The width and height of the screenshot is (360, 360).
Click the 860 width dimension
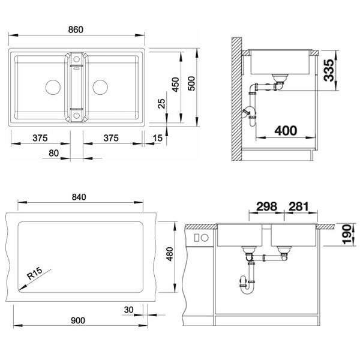(76, 29)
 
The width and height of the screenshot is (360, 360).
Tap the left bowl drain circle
(53, 87)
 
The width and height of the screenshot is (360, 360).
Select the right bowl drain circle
(100, 87)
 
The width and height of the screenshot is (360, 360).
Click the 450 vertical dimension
(175, 85)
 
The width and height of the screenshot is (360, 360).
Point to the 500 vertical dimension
(191, 83)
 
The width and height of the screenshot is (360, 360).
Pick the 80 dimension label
(54, 153)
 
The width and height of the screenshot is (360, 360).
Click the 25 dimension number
(161, 104)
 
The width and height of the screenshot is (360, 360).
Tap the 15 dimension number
(157, 138)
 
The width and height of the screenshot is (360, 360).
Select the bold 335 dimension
(329, 70)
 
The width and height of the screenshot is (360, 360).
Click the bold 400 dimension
(286, 131)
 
